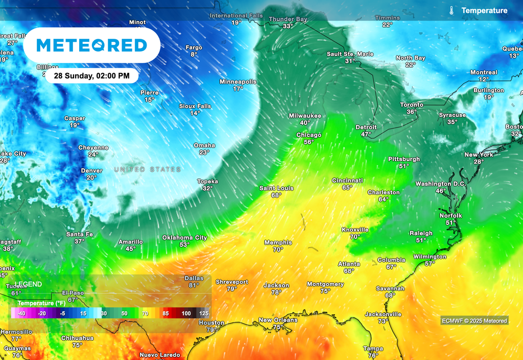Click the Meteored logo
click(x=92, y=45)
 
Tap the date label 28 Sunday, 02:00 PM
click(x=91, y=76)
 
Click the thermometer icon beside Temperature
click(x=451, y=10)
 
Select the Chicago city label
click(x=309, y=135)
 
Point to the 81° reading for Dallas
click(x=194, y=286)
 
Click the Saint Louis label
click(x=276, y=188)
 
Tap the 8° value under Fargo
click(x=194, y=55)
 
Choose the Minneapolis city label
click(x=238, y=82)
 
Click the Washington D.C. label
click(x=440, y=184)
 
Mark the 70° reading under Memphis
click(x=278, y=250)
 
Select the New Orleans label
click(x=278, y=320)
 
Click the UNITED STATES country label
click(x=147, y=169)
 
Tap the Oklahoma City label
click(x=184, y=238)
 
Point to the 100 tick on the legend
click(x=186, y=313)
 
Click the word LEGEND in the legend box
click(x=28, y=284)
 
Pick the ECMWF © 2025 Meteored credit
click(x=474, y=321)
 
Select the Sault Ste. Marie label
click(x=350, y=54)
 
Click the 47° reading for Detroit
click(x=366, y=134)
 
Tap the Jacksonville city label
click(x=383, y=314)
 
